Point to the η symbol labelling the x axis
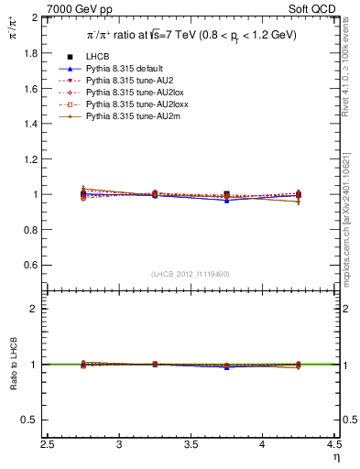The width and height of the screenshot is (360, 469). pos(335,458)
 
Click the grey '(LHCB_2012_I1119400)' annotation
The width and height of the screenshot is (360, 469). pos(192,274)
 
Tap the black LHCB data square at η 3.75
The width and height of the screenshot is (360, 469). pos(227,194)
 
